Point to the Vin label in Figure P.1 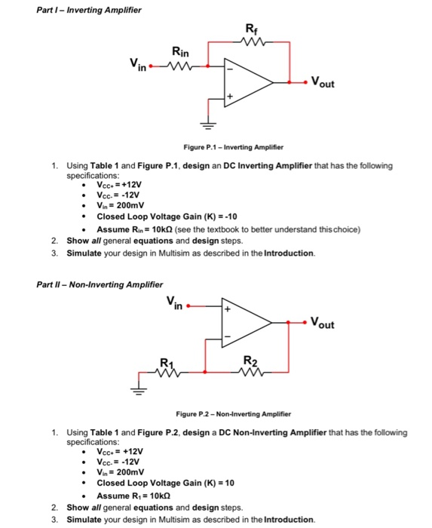point(138,69)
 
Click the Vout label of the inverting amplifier point(326,84)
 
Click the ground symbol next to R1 point(139,391)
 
